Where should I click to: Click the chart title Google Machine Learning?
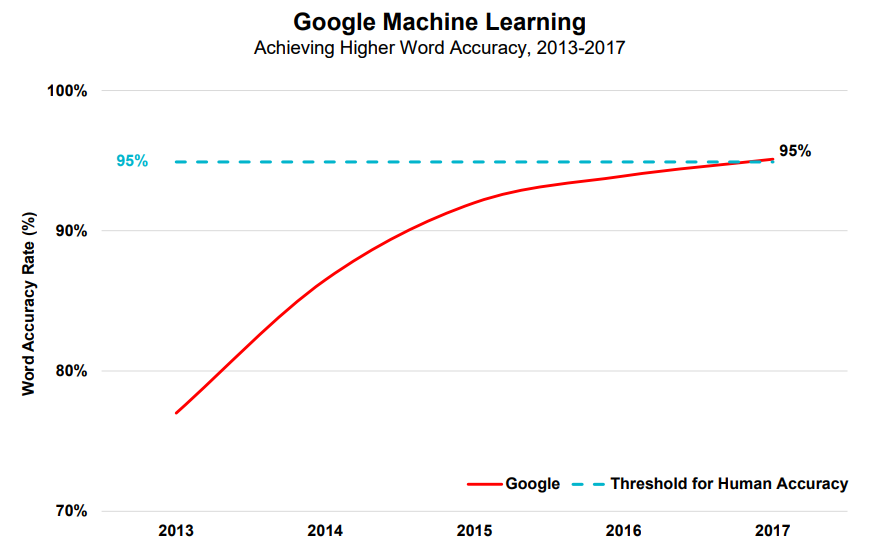point(439,23)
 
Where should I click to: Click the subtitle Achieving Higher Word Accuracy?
point(390,48)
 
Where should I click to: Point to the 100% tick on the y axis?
point(67,91)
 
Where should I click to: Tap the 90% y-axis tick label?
point(71,231)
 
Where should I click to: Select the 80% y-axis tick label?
point(71,371)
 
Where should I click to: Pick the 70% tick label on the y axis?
point(71,511)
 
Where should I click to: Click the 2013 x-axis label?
point(176,531)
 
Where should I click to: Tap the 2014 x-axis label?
point(325,531)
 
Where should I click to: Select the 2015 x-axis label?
point(475,531)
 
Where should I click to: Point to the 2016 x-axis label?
point(624,531)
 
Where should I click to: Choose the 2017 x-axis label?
point(772,531)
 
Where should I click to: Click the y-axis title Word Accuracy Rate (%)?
point(29,304)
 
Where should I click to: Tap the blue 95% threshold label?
point(132,161)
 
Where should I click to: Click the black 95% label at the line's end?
point(795,151)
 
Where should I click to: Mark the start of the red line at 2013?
point(176,413)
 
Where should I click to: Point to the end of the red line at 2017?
point(773,159)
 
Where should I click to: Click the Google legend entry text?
point(532,484)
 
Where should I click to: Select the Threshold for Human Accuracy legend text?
point(729,484)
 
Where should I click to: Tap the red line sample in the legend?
point(485,484)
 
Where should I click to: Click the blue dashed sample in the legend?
point(588,484)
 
